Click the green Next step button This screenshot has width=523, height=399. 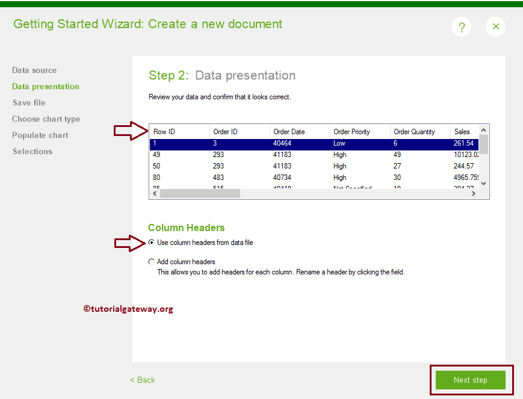click(x=471, y=380)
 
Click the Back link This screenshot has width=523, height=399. click(x=143, y=380)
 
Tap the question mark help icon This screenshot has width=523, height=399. click(x=462, y=27)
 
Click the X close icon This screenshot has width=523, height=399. click(x=496, y=26)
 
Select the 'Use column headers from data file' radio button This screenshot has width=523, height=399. click(x=151, y=243)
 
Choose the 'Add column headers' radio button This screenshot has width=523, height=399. click(x=151, y=262)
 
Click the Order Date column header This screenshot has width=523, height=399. click(x=289, y=132)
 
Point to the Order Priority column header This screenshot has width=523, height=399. click(x=351, y=132)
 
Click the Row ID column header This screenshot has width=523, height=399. click(x=164, y=132)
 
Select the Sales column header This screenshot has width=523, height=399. click(x=462, y=132)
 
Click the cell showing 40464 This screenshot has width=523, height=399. click(x=283, y=143)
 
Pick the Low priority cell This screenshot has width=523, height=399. click(x=339, y=143)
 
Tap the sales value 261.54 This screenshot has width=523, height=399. click(x=463, y=143)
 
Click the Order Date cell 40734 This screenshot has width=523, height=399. click(x=283, y=178)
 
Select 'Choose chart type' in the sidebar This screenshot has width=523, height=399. click(x=46, y=119)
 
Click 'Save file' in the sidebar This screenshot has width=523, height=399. click(x=29, y=103)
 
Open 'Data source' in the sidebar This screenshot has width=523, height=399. click(x=34, y=70)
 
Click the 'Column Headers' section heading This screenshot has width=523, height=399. click(x=186, y=227)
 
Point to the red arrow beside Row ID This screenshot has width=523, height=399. click(x=131, y=130)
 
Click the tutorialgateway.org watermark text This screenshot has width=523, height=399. click(x=128, y=309)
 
